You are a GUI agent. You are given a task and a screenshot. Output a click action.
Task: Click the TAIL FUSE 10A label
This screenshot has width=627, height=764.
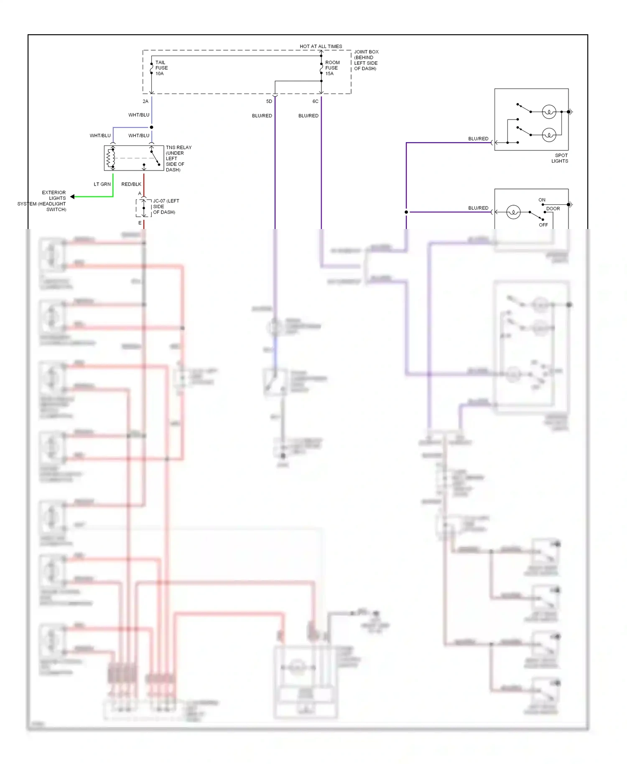[161, 68]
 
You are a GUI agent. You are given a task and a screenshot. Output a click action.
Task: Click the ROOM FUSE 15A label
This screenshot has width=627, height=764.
[332, 68]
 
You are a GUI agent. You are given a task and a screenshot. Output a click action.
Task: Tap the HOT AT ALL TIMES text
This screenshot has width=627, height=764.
[321, 46]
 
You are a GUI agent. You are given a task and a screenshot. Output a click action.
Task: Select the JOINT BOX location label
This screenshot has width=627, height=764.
[366, 60]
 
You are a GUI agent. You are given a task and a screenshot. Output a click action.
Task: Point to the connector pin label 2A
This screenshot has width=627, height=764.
[145, 102]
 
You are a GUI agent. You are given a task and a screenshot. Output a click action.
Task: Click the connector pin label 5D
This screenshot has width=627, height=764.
[269, 102]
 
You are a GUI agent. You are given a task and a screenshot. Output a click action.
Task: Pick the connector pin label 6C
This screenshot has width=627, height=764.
[316, 102]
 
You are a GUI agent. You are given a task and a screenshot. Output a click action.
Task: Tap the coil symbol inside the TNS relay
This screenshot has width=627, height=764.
[111, 158]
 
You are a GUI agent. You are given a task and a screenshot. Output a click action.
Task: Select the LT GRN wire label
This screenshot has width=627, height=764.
[102, 184]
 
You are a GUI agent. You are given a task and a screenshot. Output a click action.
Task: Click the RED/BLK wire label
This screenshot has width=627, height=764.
[131, 184]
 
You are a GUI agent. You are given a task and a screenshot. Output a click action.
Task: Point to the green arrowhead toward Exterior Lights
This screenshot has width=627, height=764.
[73, 196]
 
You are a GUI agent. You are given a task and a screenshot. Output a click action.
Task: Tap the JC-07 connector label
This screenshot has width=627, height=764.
[166, 206]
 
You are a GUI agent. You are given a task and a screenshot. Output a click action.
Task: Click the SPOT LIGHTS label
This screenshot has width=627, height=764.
[559, 158]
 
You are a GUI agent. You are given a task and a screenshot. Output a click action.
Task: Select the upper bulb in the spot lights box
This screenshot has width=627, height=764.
[548, 112]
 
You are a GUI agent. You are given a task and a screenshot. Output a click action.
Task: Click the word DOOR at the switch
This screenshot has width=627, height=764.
[553, 209]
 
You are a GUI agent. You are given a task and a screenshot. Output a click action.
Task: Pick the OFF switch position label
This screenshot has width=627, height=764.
[543, 225]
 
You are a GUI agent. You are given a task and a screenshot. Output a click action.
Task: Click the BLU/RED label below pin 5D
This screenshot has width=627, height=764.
[262, 116]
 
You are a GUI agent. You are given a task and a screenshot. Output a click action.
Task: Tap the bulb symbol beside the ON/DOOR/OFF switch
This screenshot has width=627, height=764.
[513, 212]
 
